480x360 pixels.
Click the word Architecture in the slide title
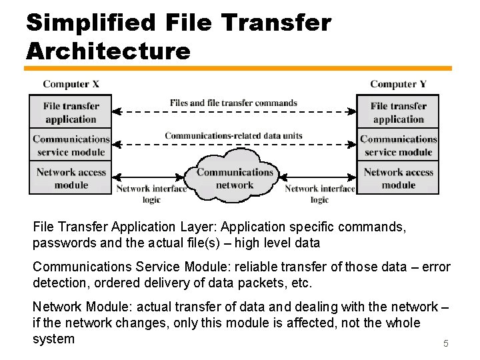point(108,50)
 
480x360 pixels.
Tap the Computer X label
point(71,84)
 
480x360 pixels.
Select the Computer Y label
point(398,84)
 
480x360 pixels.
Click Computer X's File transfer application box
point(71,112)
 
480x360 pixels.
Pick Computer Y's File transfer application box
point(398,112)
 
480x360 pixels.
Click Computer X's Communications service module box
point(71,145)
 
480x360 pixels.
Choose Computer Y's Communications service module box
point(398,145)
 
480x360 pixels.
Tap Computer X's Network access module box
point(71,178)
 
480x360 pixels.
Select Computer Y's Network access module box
point(398,178)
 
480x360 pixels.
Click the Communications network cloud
point(235,178)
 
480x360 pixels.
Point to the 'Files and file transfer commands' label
point(233,103)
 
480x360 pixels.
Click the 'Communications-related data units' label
point(233,136)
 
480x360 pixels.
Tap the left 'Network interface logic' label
point(151,194)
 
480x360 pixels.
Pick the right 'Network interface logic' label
point(319,194)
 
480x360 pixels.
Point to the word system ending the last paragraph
point(53,339)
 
